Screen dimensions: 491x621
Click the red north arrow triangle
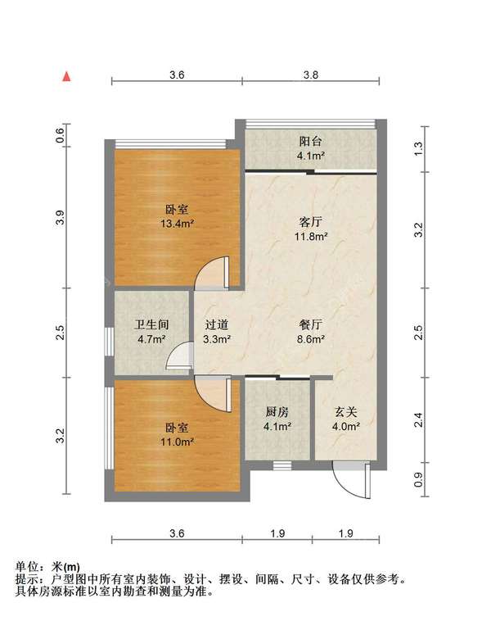67,76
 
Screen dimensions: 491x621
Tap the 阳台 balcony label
311,142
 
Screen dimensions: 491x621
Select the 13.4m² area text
177,224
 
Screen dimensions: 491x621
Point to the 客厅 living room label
311,222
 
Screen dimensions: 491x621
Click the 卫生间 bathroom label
151,324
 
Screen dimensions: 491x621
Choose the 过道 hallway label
216,324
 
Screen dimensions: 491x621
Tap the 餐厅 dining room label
311,324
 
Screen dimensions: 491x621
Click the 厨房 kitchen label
277,412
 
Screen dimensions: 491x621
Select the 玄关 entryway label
346,412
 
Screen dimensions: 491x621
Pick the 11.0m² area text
177,442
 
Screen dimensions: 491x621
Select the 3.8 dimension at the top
311,75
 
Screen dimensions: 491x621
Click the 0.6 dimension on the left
60,136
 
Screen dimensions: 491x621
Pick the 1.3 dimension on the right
419,149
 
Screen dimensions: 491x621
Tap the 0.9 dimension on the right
419,479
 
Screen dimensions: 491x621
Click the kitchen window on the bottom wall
282,465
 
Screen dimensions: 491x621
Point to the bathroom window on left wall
109,342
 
